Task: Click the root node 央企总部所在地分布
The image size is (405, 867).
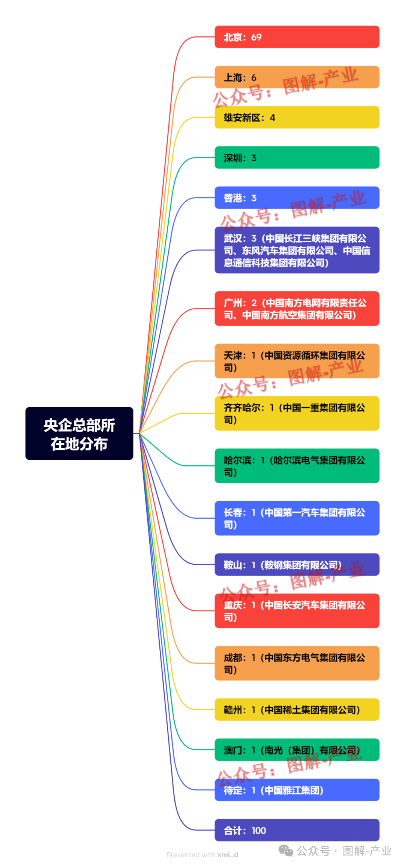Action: (x=79, y=433)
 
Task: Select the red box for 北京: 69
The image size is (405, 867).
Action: (x=297, y=37)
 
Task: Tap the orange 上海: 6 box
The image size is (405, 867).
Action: (x=297, y=77)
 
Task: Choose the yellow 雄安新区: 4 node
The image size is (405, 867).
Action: (x=297, y=117)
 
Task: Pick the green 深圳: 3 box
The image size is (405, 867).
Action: (x=297, y=157)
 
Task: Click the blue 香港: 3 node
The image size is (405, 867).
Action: (x=297, y=198)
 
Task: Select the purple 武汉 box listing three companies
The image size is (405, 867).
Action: (x=297, y=250)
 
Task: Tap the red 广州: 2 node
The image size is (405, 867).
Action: (x=297, y=309)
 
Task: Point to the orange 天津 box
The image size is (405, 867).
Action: (x=297, y=361)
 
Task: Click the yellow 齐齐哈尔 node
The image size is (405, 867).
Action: (x=297, y=413)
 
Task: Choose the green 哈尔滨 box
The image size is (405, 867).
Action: (x=297, y=466)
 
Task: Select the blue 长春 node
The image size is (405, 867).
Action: (x=297, y=518)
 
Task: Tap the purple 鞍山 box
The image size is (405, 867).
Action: (x=297, y=564)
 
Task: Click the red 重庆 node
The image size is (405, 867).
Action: (x=297, y=610)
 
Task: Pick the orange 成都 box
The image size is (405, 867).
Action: (x=297, y=663)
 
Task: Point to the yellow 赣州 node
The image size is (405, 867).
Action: (x=297, y=709)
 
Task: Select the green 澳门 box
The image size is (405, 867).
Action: (x=297, y=750)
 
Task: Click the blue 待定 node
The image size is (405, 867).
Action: (x=297, y=790)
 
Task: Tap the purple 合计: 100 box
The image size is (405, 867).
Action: (x=297, y=830)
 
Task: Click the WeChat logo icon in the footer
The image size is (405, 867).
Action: (x=286, y=851)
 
